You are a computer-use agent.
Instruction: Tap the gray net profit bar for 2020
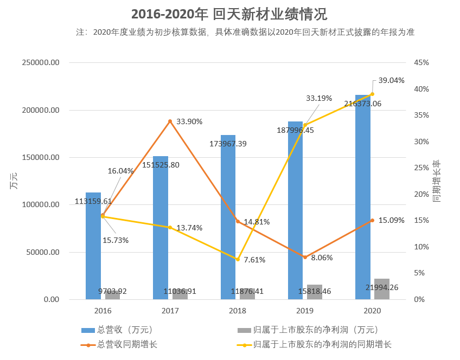(x=382, y=289)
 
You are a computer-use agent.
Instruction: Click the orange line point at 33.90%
(x=170, y=121)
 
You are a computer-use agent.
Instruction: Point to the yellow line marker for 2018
(x=238, y=259)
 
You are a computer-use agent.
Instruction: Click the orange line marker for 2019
(x=305, y=257)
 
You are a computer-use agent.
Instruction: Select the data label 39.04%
(x=391, y=80)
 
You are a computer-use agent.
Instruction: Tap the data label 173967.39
(x=228, y=144)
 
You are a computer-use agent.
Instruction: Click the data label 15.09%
(x=391, y=220)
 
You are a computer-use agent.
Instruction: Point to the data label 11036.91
(x=180, y=291)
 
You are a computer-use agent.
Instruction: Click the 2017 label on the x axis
(x=170, y=311)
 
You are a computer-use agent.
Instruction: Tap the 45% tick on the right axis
(x=421, y=62)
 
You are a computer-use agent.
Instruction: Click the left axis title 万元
(x=14, y=181)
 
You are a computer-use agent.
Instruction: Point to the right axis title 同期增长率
(x=437, y=181)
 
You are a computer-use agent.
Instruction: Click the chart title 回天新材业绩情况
(x=229, y=14)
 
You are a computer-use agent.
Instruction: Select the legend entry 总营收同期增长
(x=127, y=344)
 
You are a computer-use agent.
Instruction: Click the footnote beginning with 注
(x=245, y=32)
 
